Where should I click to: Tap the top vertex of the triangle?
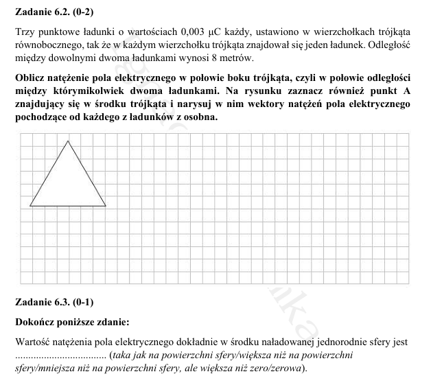pyautogui.click(x=68, y=141)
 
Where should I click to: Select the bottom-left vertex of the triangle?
pyautogui.click(x=30, y=206)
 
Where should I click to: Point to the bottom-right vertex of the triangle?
pyautogui.click(x=106, y=206)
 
